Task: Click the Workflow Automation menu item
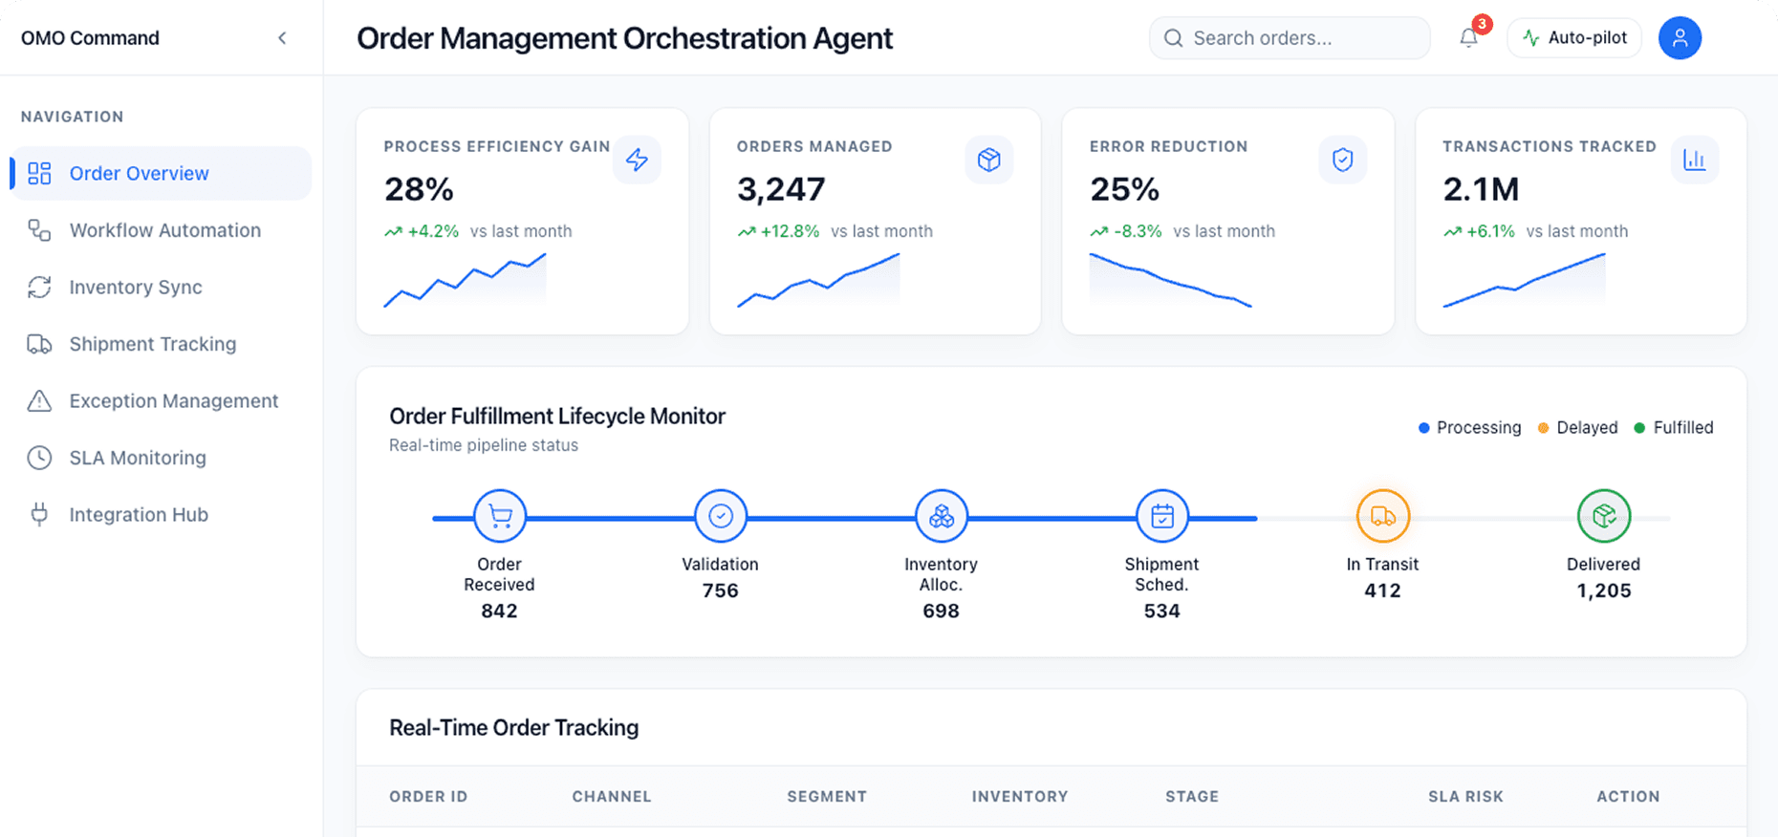click(164, 230)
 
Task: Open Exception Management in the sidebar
click(173, 401)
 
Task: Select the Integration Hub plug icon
click(39, 514)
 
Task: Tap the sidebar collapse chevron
click(282, 38)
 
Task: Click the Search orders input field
click(1290, 38)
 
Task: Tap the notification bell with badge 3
click(1469, 38)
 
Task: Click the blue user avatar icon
click(1680, 38)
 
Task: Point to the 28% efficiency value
click(419, 189)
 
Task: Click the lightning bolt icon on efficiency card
click(637, 160)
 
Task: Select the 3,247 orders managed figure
click(780, 189)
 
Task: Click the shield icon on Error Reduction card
click(1342, 160)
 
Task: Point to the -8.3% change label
click(1138, 231)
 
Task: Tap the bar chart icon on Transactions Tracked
click(1694, 160)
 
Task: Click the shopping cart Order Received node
click(500, 517)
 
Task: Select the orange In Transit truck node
click(1382, 517)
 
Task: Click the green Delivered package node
click(1603, 517)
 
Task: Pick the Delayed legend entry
click(1578, 428)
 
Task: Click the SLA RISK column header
click(1465, 796)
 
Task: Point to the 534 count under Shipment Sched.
click(1161, 611)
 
